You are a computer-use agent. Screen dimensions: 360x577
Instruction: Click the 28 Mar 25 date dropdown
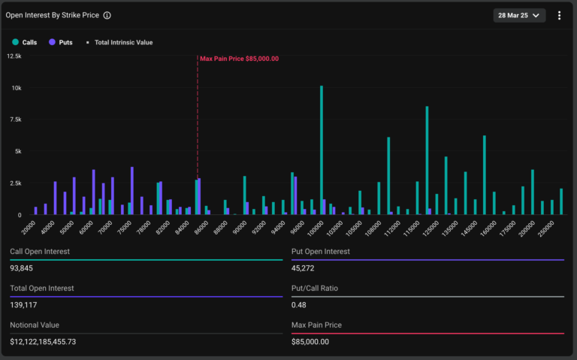(x=519, y=16)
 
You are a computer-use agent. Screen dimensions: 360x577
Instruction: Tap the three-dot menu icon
(x=560, y=16)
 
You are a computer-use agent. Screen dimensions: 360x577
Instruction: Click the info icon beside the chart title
(x=107, y=15)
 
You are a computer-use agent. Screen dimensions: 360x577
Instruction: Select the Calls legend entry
(x=26, y=42)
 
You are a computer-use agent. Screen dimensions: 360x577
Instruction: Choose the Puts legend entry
(x=61, y=42)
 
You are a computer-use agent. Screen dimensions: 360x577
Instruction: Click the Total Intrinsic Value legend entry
(x=119, y=42)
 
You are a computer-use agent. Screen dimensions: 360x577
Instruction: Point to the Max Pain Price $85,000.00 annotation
(x=239, y=59)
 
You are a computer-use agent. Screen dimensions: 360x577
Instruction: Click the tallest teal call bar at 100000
(x=322, y=150)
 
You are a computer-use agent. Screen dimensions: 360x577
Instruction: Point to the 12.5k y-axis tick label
(x=14, y=56)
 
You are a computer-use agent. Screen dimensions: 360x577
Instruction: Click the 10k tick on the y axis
(x=16, y=88)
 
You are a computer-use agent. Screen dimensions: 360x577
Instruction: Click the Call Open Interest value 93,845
(x=23, y=269)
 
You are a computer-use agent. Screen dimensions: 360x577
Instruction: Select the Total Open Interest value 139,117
(x=23, y=305)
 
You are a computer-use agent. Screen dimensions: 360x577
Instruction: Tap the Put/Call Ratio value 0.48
(x=298, y=305)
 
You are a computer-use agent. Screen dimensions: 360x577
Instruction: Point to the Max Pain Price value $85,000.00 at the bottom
(x=310, y=342)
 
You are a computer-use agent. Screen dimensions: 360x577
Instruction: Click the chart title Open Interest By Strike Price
(x=52, y=15)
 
